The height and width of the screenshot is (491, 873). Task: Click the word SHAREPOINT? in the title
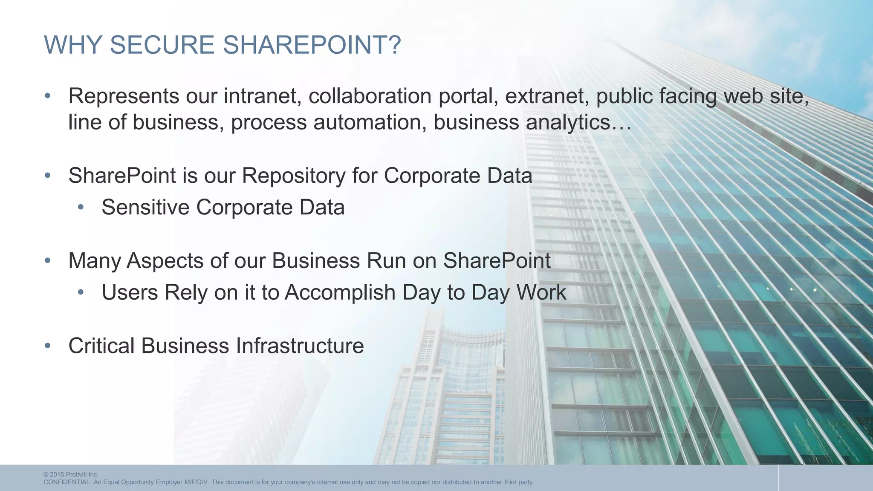point(312,45)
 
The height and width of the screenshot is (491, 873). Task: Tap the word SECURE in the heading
point(162,45)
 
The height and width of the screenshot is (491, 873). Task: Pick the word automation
point(370,122)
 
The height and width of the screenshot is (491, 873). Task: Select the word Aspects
point(165,261)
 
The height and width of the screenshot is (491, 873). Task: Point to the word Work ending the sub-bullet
point(541,293)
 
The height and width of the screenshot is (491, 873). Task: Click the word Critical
point(101,346)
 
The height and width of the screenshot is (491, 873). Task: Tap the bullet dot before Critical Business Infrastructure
point(47,346)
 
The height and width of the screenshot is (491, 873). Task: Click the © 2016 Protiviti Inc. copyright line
point(71,474)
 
